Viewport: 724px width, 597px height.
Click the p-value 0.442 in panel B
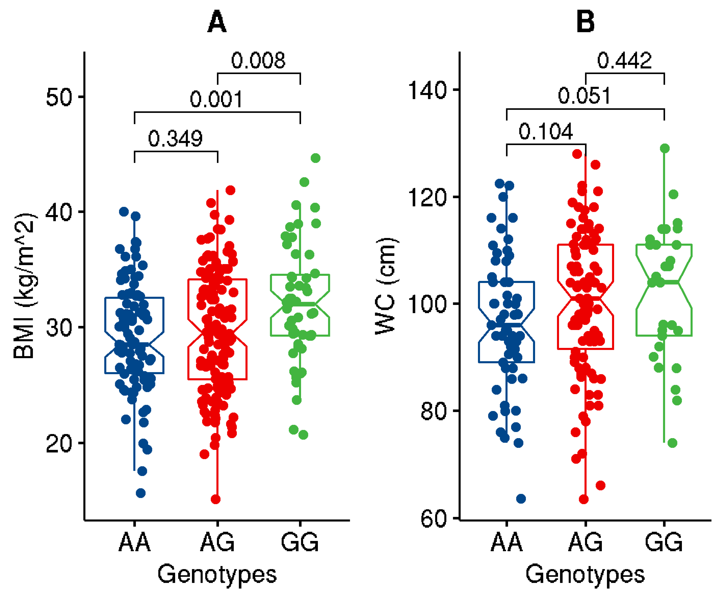tap(624, 60)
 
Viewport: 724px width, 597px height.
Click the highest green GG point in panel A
tap(315, 158)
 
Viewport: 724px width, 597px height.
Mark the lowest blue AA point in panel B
tap(521, 499)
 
